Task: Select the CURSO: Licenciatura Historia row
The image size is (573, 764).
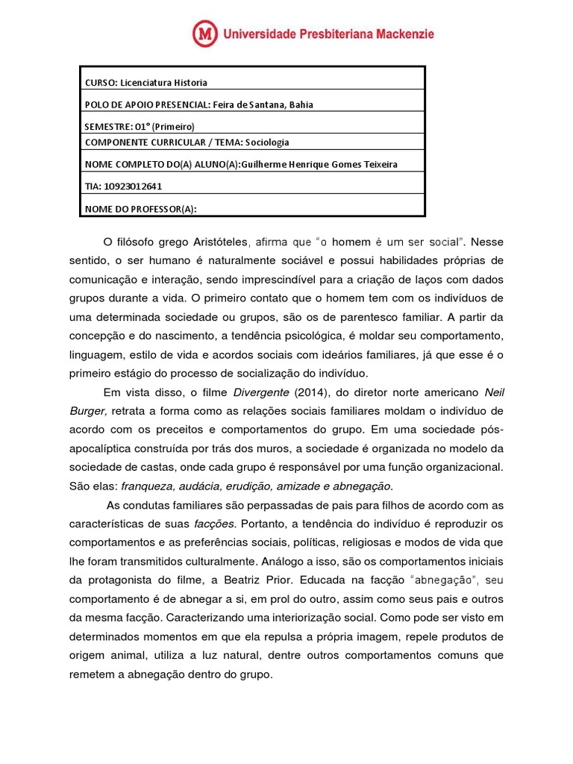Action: (x=146, y=82)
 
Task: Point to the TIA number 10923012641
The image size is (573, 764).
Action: (x=134, y=187)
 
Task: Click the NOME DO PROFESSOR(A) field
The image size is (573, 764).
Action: (x=141, y=209)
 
